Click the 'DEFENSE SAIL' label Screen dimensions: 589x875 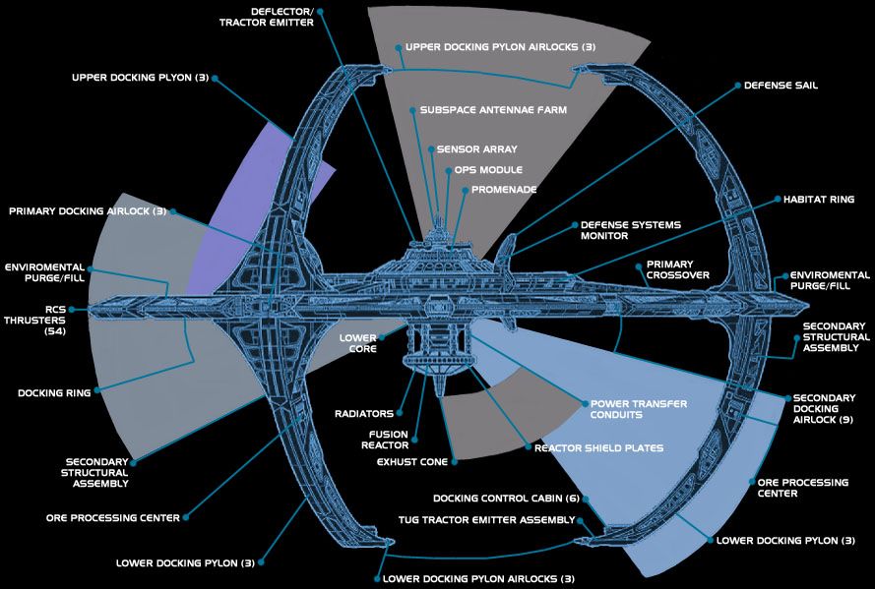tap(781, 86)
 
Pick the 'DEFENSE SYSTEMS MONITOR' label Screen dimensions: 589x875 tap(630, 231)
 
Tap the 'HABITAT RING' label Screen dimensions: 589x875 tap(818, 199)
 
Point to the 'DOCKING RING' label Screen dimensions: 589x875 tap(54, 393)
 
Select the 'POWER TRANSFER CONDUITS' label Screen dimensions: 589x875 tap(637, 410)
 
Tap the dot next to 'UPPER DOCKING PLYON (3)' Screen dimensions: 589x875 tap(215, 78)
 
